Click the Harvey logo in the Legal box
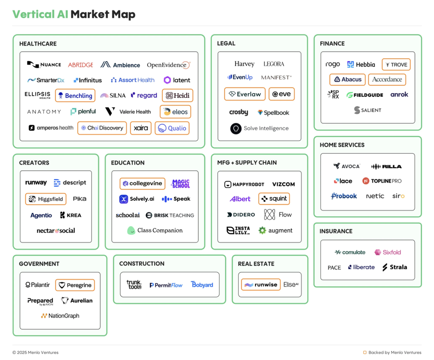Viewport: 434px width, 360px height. click(244, 64)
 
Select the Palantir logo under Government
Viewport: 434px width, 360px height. click(38, 285)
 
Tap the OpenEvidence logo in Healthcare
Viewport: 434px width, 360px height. click(168, 65)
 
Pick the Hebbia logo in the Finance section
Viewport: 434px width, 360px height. click(361, 64)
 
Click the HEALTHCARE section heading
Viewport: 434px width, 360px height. click(38, 44)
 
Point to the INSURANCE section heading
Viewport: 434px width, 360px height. click(336, 231)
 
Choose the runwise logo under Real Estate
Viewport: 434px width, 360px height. click(261, 285)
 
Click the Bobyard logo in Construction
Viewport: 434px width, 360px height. click(202, 285)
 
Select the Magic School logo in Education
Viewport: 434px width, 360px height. click(181, 184)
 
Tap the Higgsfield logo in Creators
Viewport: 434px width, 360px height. click(46, 199)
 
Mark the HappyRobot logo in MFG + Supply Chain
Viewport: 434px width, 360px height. click(244, 184)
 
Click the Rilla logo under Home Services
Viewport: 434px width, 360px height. click(386, 166)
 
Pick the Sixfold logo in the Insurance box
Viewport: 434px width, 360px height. click(388, 252)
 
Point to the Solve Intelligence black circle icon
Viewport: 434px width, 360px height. click(236, 129)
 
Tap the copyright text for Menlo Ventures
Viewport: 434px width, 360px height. click(35, 353)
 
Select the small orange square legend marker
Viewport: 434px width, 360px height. click(365, 353)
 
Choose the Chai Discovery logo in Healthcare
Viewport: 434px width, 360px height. click(102, 128)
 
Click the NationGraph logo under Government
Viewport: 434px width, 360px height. click(60, 316)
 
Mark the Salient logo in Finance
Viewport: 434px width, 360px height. click(368, 110)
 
